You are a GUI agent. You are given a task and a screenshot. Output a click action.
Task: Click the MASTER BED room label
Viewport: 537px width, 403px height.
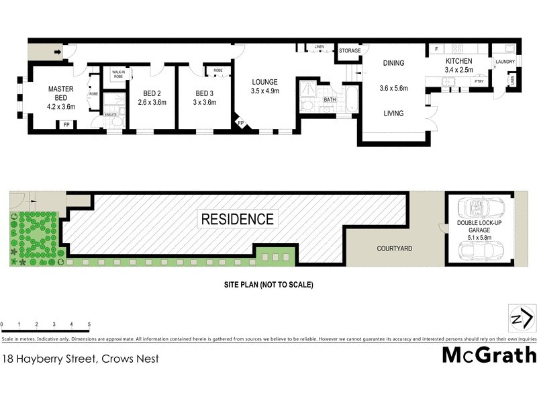[60, 93]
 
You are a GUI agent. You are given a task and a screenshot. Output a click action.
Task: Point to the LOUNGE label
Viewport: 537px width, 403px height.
[264, 81]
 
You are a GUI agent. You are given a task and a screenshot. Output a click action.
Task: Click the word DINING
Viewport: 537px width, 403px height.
[393, 63]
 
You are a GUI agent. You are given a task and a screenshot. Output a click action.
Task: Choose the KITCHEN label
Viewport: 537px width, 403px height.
[459, 61]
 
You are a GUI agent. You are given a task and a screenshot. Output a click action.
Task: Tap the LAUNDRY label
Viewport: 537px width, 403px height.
[504, 62]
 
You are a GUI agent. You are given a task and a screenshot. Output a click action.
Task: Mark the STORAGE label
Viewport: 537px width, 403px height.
[349, 51]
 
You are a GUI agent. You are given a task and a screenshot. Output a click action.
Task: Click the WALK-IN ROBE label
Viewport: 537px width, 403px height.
[118, 75]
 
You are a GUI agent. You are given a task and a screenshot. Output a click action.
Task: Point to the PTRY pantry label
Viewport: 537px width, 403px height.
[479, 81]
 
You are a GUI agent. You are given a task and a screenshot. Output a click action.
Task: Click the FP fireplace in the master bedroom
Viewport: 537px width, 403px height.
[66, 124]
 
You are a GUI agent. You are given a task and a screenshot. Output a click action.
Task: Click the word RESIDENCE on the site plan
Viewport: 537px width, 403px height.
[238, 219]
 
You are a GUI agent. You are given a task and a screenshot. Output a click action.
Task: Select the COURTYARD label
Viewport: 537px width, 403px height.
[394, 249]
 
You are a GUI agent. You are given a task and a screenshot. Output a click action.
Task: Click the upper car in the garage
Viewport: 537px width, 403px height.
[484, 206]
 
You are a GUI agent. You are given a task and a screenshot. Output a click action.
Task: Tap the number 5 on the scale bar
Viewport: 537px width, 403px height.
[89, 324]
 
